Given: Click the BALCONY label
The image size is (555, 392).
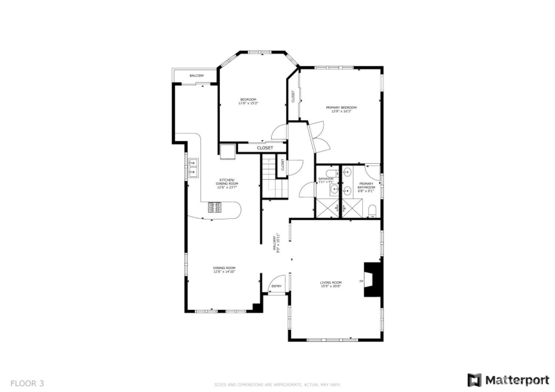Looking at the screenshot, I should (197, 76).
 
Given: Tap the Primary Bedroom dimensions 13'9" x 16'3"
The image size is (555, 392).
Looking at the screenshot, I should (341, 111).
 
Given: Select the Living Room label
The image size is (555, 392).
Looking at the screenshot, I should (331, 283).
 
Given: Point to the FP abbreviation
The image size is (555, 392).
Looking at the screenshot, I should (361, 282).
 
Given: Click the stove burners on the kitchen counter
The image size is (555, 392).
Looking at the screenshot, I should (215, 207).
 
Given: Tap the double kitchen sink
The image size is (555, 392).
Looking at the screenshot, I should (193, 167).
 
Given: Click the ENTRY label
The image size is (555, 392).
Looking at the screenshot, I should (276, 286).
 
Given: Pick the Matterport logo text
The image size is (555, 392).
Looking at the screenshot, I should (517, 380).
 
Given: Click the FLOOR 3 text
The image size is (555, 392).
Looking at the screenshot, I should (27, 383).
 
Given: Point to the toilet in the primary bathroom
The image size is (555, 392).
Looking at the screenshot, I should (372, 210).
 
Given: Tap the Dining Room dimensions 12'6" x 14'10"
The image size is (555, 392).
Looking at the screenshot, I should (224, 272).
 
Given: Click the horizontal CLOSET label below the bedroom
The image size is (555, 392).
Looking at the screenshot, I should (265, 148).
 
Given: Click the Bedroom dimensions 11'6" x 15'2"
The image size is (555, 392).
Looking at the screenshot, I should (248, 103).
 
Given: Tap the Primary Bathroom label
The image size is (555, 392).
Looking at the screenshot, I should (366, 185).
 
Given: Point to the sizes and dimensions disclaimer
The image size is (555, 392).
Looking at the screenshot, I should (277, 385).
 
